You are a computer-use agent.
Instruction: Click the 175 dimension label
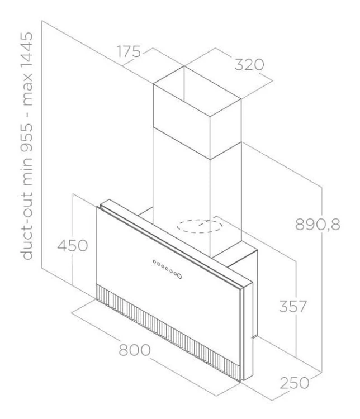coord(129,51)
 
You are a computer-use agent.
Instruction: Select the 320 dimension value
coord(249,65)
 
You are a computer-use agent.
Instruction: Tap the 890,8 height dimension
coord(318,225)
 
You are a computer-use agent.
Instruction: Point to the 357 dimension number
coord(292,306)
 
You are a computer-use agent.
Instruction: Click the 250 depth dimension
coord(295,383)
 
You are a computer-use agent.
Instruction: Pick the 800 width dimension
coord(135,350)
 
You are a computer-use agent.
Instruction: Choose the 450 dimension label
coord(73,245)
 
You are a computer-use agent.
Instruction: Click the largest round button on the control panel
coord(179,275)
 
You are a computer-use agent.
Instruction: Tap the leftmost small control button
coord(155,261)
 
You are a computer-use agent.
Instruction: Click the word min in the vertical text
coord(27,166)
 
